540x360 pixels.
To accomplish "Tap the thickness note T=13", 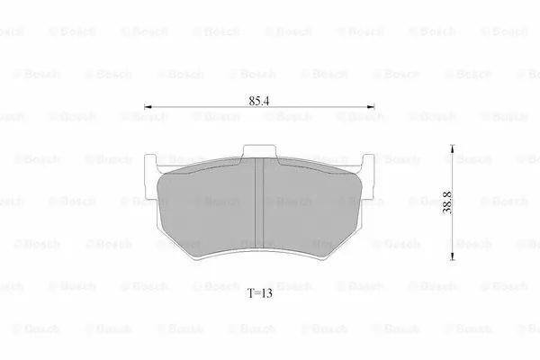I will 260,292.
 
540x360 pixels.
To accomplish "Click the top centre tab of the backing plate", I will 259,150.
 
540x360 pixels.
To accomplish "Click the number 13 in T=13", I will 266,292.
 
